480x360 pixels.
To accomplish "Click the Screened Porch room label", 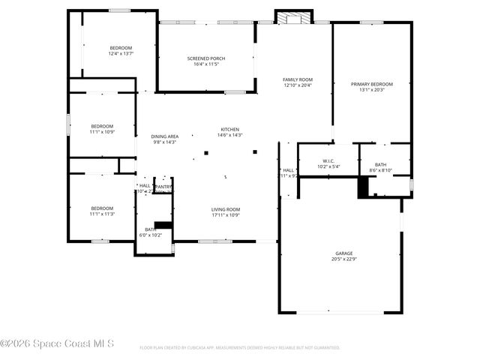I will (x=205, y=58).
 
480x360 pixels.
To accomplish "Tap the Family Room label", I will (x=297, y=79).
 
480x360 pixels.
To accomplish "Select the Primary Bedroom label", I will (x=371, y=84).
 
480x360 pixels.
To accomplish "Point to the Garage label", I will (x=343, y=253).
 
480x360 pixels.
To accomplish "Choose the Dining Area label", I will (x=164, y=136).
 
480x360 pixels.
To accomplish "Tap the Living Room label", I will (x=225, y=209).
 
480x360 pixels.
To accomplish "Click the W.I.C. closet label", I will (x=328, y=160).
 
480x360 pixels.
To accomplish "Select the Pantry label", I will (x=163, y=187).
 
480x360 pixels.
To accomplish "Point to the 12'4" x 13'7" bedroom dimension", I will (x=121, y=53).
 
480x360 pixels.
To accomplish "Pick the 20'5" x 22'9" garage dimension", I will (x=343, y=259).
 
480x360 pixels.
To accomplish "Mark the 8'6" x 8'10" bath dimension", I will (x=381, y=170).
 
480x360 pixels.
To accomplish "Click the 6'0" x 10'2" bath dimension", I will (x=150, y=235).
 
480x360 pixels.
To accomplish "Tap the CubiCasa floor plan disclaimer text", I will (x=240, y=348).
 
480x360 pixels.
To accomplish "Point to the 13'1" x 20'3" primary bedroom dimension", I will (x=371, y=90).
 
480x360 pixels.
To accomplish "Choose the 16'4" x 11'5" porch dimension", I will (x=205, y=64).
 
